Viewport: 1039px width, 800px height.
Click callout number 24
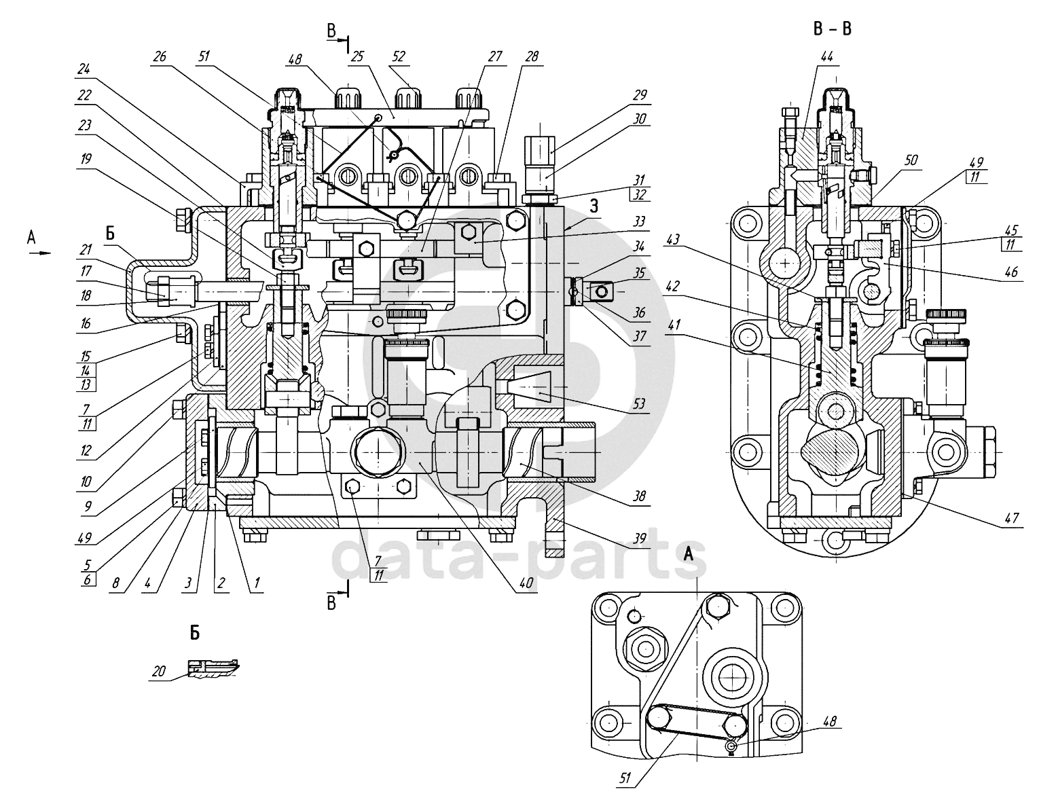pyautogui.click(x=84, y=69)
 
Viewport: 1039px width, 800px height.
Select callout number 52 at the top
pyautogui.click(x=399, y=56)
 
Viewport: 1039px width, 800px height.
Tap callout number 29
pyautogui.click(x=640, y=97)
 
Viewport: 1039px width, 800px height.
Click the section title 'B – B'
pyautogui.click(x=831, y=29)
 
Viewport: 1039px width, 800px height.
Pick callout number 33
pyautogui.click(x=640, y=221)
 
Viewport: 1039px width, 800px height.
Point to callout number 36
pyautogui.click(x=640, y=313)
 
